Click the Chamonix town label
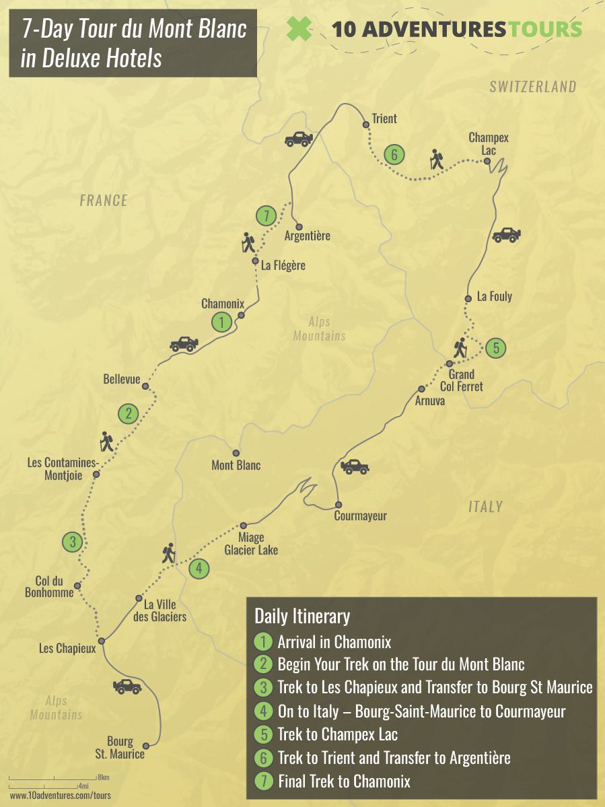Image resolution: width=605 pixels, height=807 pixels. coord(222,304)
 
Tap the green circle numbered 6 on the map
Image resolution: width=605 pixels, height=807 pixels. coord(394,155)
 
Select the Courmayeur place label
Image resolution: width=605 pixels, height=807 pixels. coord(361,516)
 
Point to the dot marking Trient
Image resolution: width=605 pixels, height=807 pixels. coord(366,125)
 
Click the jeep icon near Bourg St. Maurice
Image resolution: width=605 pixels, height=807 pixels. coord(127,687)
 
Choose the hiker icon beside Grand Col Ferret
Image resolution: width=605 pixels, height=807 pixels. coord(460,347)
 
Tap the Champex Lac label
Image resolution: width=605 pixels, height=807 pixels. coord(489,144)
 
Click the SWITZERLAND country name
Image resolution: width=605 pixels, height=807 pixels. coord(532,87)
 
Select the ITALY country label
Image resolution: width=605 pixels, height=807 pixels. coord(485,507)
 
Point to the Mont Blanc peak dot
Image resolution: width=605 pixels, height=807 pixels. coord(236,453)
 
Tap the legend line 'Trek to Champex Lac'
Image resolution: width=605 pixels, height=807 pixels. coord(342,735)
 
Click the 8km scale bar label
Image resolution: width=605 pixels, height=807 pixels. coord(103,777)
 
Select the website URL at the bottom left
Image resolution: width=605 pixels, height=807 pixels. coord(60,795)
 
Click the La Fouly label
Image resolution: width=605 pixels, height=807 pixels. coord(494,296)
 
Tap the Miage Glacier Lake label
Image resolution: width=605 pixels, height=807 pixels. coord(251,544)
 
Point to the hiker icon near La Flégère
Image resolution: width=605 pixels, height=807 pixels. coord(248,243)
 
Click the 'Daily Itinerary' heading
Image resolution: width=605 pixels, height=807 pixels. coord(302,616)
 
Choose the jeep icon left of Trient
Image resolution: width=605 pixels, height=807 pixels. coord(299,139)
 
